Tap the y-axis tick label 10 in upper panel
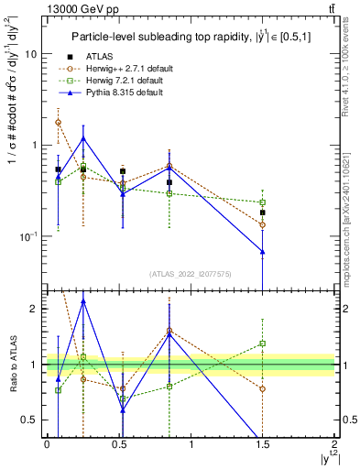(x=30, y=53)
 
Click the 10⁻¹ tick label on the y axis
(x=27, y=236)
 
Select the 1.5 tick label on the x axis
(x=262, y=444)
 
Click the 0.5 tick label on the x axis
(x=118, y=444)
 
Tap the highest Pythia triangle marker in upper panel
(x=84, y=138)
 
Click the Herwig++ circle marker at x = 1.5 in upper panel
(x=263, y=224)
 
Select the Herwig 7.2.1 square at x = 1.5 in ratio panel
(x=263, y=344)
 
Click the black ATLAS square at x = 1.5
(x=263, y=213)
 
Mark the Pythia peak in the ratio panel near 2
(x=84, y=300)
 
